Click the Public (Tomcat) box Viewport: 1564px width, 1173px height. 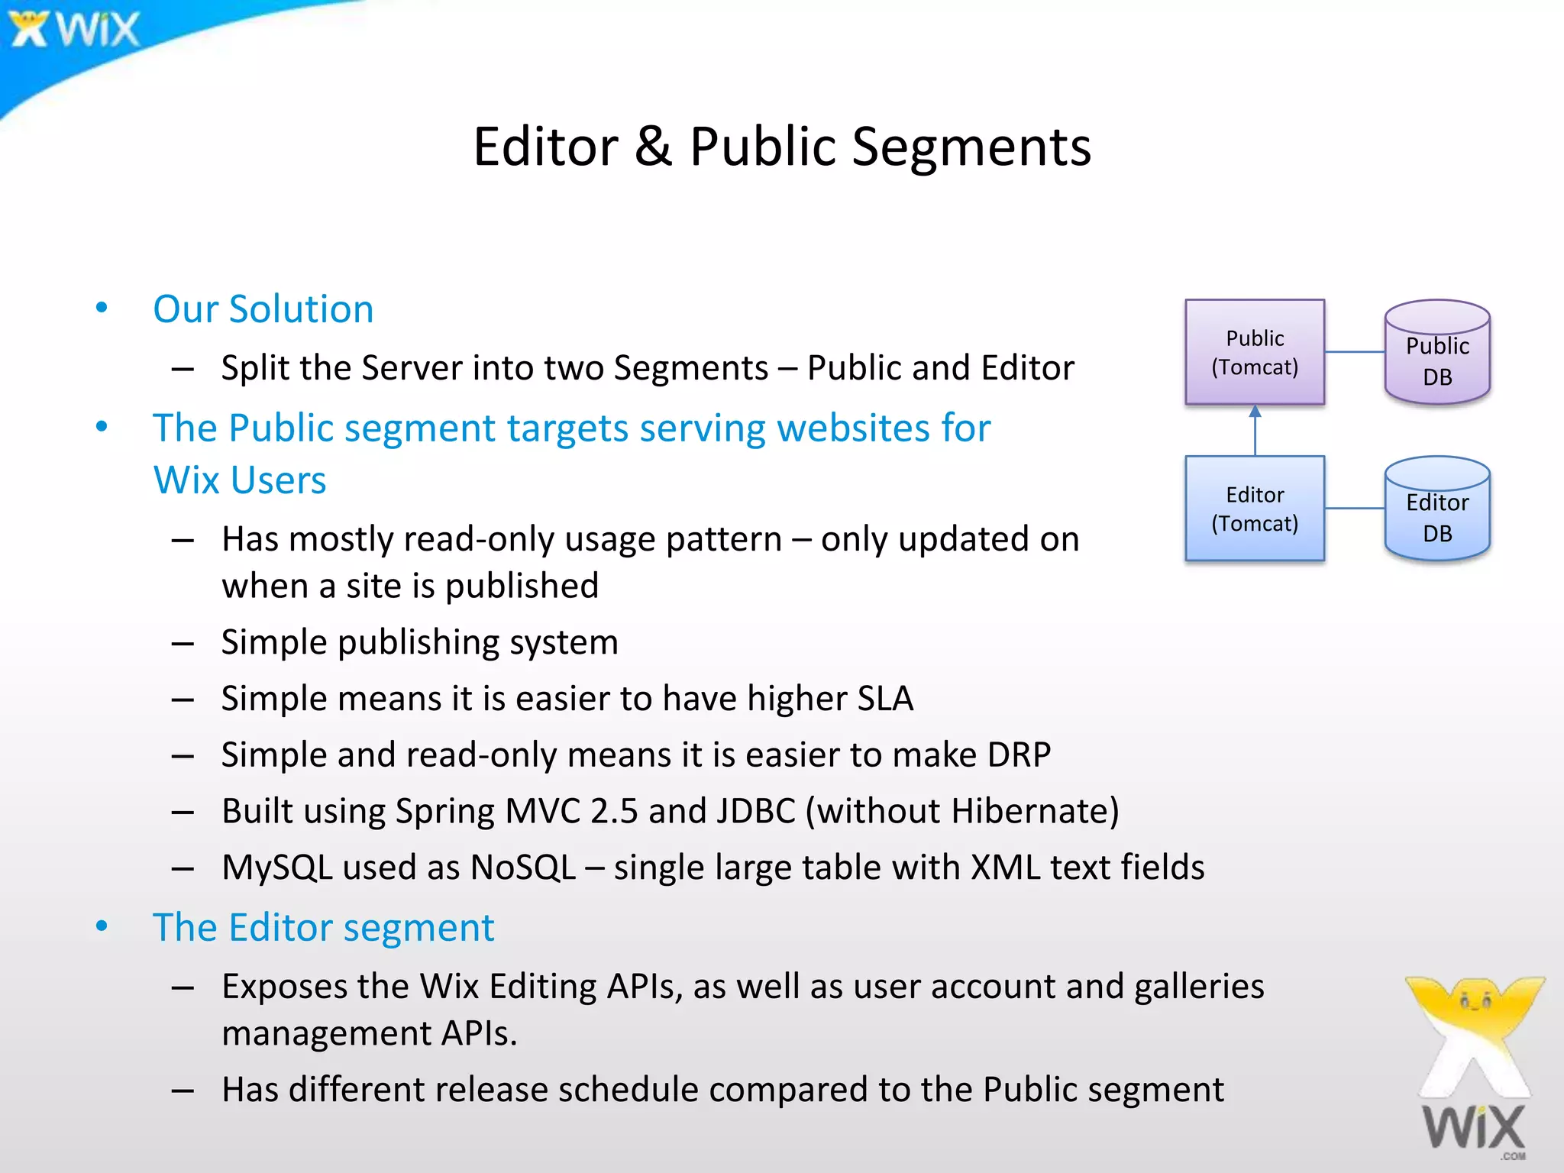click(1254, 352)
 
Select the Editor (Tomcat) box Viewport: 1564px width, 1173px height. click(1254, 509)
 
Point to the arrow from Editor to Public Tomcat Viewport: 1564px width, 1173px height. click(1255, 431)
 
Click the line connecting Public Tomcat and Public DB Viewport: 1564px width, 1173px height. click(1354, 352)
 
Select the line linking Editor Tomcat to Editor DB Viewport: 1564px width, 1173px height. click(1354, 509)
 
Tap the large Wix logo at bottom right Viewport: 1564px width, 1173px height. click(1474, 1069)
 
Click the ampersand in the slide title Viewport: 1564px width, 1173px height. click(653, 147)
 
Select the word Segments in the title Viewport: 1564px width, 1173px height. click(971, 147)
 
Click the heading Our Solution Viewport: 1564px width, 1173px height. click(263, 309)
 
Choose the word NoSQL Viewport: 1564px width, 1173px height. click(523, 868)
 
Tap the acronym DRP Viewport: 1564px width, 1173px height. click(1019, 755)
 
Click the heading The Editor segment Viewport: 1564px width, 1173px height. click(323, 928)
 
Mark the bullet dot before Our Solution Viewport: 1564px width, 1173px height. click(102, 308)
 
